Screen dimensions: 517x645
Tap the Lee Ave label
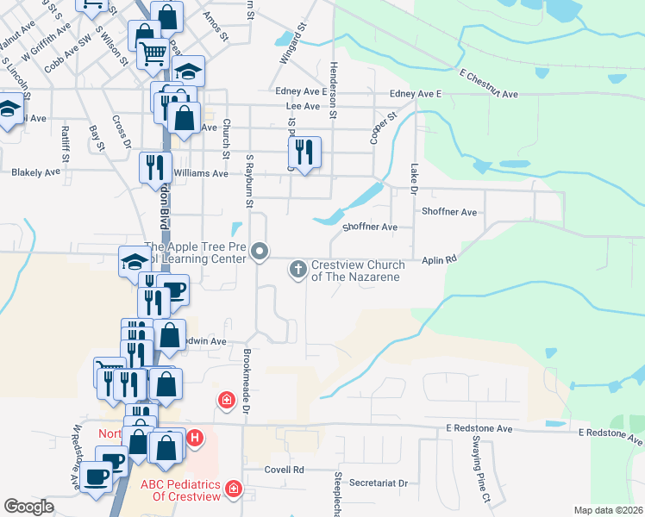click(x=303, y=107)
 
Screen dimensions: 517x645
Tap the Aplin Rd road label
click(x=438, y=258)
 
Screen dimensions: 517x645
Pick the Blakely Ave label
click(x=36, y=172)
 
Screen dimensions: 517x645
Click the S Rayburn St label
click(x=250, y=183)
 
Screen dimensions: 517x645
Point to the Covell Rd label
click(x=285, y=470)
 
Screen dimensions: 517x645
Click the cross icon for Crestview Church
click(x=298, y=270)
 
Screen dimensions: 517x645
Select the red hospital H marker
click(x=195, y=438)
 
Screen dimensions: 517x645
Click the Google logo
click(x=28, y=507)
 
